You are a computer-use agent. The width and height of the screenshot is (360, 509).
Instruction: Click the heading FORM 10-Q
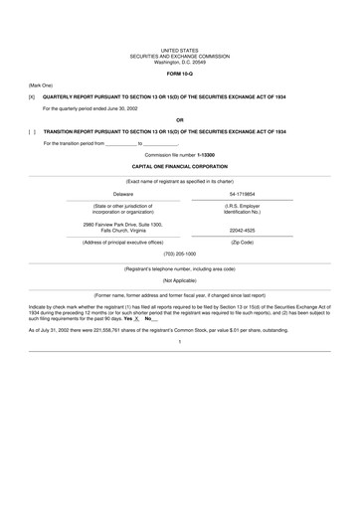180,74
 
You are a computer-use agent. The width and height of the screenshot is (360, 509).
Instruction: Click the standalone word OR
180,119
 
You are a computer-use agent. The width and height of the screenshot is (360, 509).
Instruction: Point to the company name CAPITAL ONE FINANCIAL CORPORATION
180,167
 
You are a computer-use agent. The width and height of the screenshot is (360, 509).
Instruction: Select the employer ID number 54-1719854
243,194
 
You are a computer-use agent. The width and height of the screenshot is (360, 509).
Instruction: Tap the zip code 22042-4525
243,231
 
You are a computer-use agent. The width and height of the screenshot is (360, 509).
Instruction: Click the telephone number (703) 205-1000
180,254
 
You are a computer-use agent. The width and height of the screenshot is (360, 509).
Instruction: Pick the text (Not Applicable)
180,281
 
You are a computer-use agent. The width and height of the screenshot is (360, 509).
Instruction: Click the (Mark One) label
41,85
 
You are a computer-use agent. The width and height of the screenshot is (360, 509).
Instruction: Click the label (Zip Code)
243,243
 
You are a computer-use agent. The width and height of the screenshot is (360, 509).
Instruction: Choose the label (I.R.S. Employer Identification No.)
243,209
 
